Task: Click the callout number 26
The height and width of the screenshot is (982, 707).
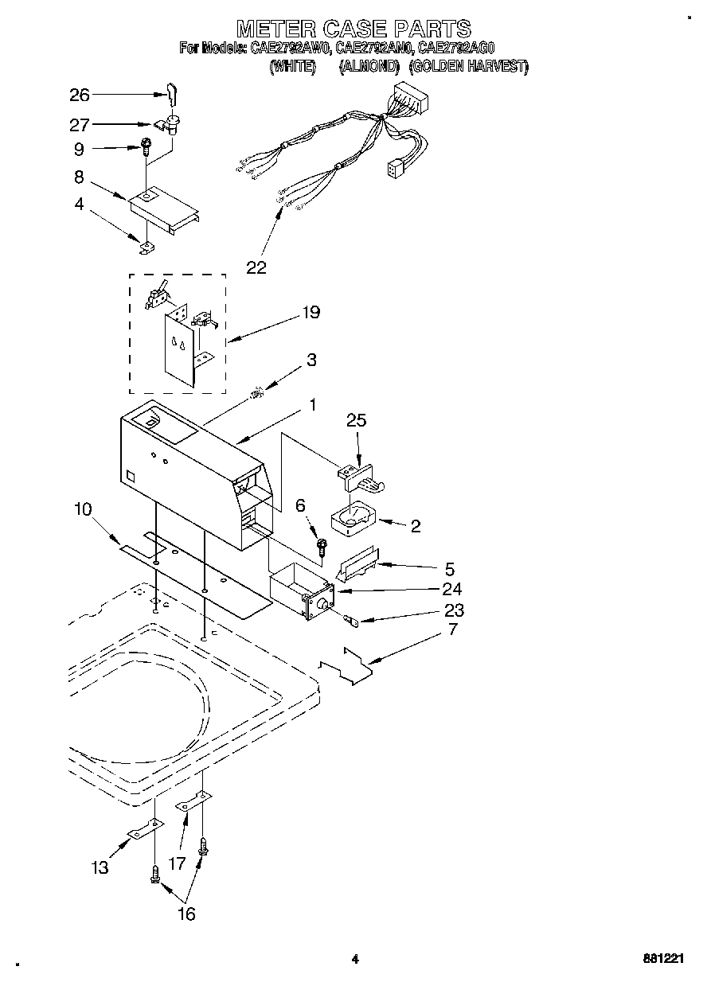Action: tap(80, 95)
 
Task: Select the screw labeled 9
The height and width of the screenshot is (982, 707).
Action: tap(147, 146)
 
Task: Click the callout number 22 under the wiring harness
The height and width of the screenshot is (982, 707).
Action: tap(256, 267)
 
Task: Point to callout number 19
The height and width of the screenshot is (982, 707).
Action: tap(311, 313)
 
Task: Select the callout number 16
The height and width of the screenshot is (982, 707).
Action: tap(186, 914)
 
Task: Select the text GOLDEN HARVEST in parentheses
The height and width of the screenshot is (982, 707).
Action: tap(469, 67)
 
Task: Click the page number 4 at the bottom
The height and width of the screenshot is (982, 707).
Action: tap(355, 960)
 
